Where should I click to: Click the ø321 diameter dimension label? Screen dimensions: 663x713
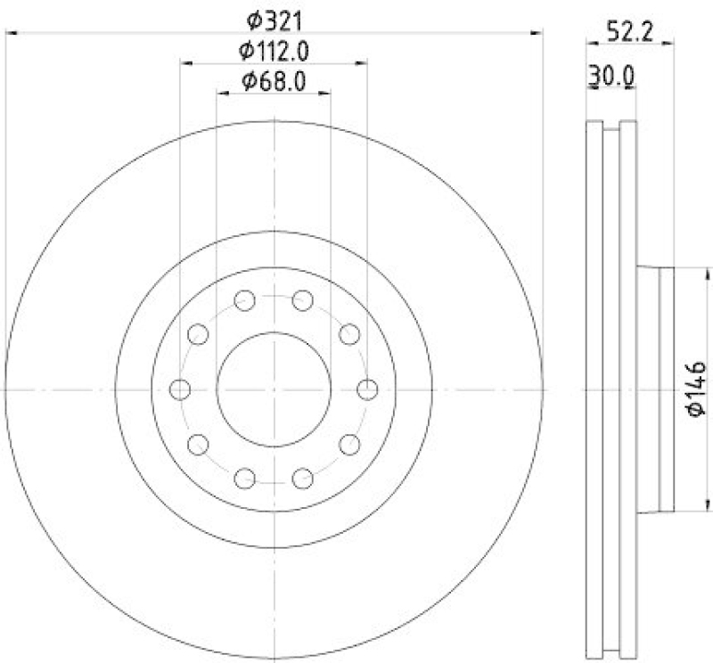[274, 18]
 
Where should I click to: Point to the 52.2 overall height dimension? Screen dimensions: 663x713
[630, 33]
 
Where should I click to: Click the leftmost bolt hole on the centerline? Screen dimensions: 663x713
[180, 389]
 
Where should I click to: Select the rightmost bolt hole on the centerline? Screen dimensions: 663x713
[367, 389]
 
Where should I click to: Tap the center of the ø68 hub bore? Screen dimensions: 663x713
[274, 389]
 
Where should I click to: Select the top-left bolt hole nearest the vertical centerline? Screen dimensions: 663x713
[244, 300]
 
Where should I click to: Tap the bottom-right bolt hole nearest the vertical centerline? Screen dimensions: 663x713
[303, 479]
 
